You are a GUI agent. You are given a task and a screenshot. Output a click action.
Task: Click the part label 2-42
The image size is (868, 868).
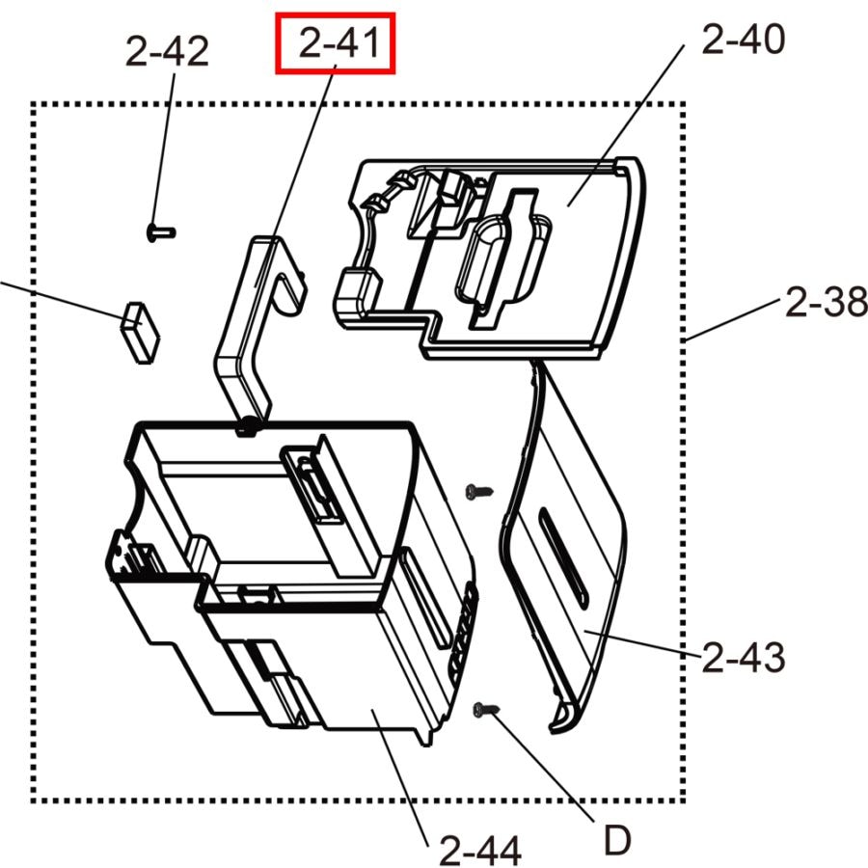click(x=167, y=51)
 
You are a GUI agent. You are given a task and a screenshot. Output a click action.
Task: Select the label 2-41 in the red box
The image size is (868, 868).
click(x=335, y=43)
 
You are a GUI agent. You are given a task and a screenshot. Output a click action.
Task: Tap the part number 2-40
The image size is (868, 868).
click(x=743, y=41)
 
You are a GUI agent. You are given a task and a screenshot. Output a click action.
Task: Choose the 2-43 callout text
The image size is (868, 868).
click(x=744, y=659)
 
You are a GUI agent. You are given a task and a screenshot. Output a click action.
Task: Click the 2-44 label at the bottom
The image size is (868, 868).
click(x=480, y=851)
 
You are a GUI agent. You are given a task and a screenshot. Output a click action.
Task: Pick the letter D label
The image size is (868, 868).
click(x=617, y=841)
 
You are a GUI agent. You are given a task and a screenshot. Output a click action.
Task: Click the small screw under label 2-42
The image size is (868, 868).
click(x=160, y=231)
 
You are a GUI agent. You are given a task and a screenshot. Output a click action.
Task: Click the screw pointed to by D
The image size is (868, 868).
click(x=485, y=711)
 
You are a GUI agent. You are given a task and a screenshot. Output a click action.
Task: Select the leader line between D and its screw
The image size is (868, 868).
click(x=546, y=766)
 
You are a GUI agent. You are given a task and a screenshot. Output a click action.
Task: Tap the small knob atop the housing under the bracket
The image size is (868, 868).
click(x=248, y=423)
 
